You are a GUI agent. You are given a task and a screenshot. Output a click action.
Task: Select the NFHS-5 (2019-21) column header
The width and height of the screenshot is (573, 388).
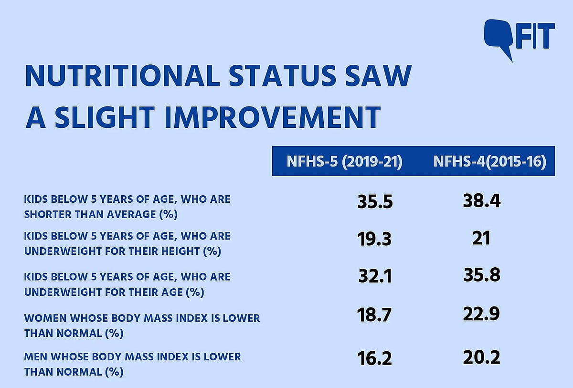point(344,161)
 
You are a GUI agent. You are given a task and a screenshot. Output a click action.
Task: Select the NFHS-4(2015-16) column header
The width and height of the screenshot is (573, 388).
point(489,161)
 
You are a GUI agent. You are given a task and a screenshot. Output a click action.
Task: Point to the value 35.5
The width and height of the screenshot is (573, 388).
point(375,201)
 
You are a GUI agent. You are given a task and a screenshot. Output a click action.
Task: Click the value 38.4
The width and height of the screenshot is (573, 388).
point(481,201)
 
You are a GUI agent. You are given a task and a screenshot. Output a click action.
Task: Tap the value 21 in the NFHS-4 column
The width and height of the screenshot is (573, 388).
point(481,237)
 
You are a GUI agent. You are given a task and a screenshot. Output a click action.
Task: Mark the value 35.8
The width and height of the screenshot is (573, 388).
point(481,275)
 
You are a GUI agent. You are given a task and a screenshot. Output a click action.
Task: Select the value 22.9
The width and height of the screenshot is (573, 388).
point(481,314)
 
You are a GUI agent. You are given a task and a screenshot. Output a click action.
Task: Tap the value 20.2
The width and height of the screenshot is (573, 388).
point(481,357)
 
